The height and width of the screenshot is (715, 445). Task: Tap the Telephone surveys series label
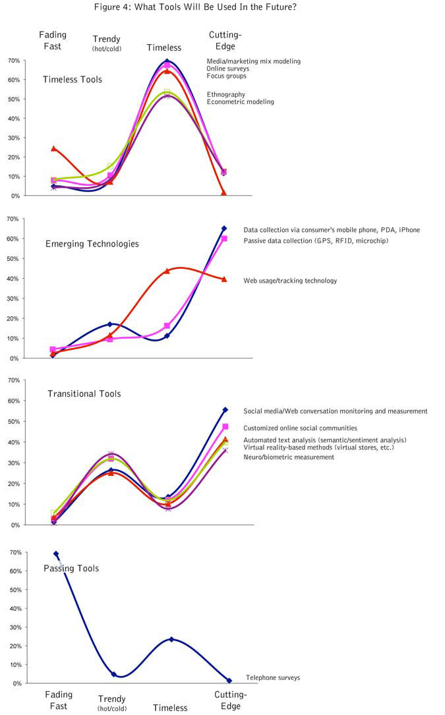coord(273,677)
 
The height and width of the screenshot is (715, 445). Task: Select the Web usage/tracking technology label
coord(290,281)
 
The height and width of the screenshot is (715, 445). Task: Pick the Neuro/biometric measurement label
coord(289,457)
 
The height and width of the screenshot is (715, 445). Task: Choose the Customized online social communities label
coord(300,428)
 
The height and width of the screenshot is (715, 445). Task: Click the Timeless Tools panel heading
coord(73,80)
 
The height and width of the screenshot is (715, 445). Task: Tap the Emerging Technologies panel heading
coord(92,244)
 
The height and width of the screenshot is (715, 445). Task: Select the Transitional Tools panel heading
coord(84,394)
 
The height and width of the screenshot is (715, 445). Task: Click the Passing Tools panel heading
coord(71,568)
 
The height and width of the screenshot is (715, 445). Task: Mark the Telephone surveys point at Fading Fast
coord(56,554)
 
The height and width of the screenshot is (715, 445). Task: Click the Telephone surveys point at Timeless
coord(171,639)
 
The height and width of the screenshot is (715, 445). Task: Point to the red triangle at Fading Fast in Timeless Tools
coord(54,148)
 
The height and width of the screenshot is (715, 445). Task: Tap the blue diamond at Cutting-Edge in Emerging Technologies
coord(224,229)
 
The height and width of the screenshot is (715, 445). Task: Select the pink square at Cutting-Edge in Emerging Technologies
coord(224,239)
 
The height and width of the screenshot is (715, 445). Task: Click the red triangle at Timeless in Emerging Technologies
coord(167,271)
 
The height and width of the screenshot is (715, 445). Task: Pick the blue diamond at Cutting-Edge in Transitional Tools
coord(225,410)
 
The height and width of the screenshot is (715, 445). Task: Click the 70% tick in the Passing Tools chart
coord(13,552)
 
